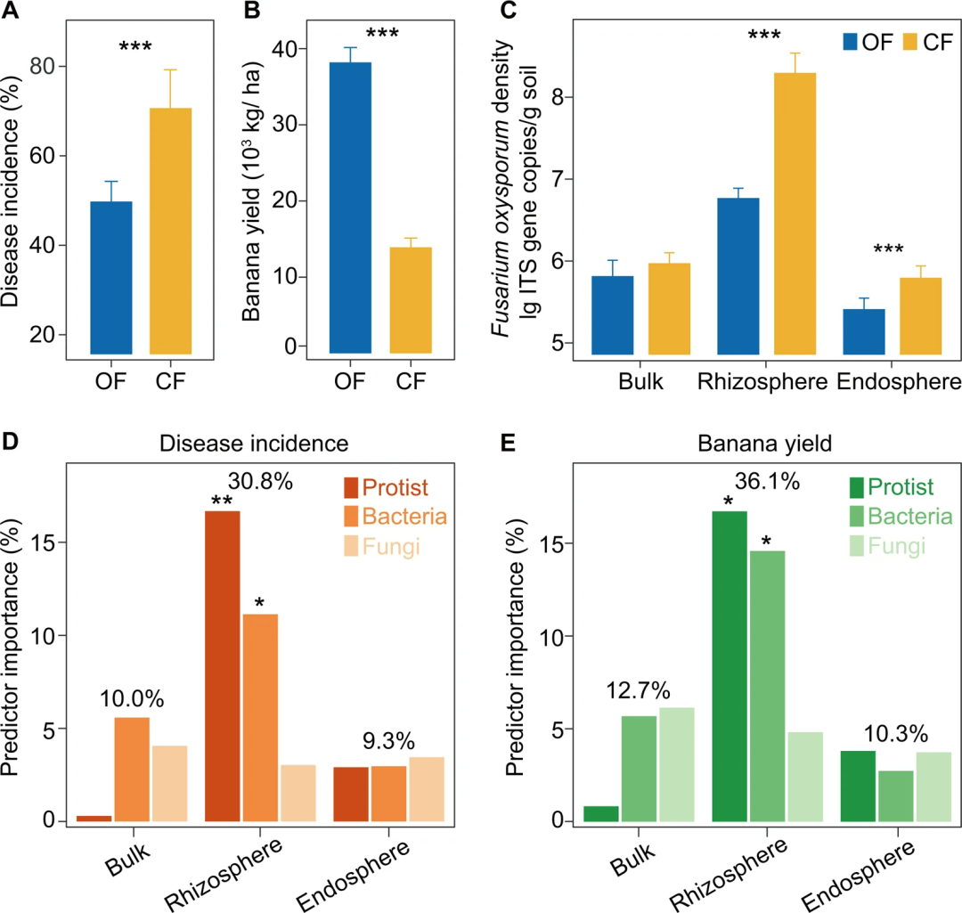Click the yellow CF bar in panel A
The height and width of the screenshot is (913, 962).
[170, 231]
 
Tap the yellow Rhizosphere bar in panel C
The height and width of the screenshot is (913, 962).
[795, 213]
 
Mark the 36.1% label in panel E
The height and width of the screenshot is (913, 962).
[768, 482]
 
